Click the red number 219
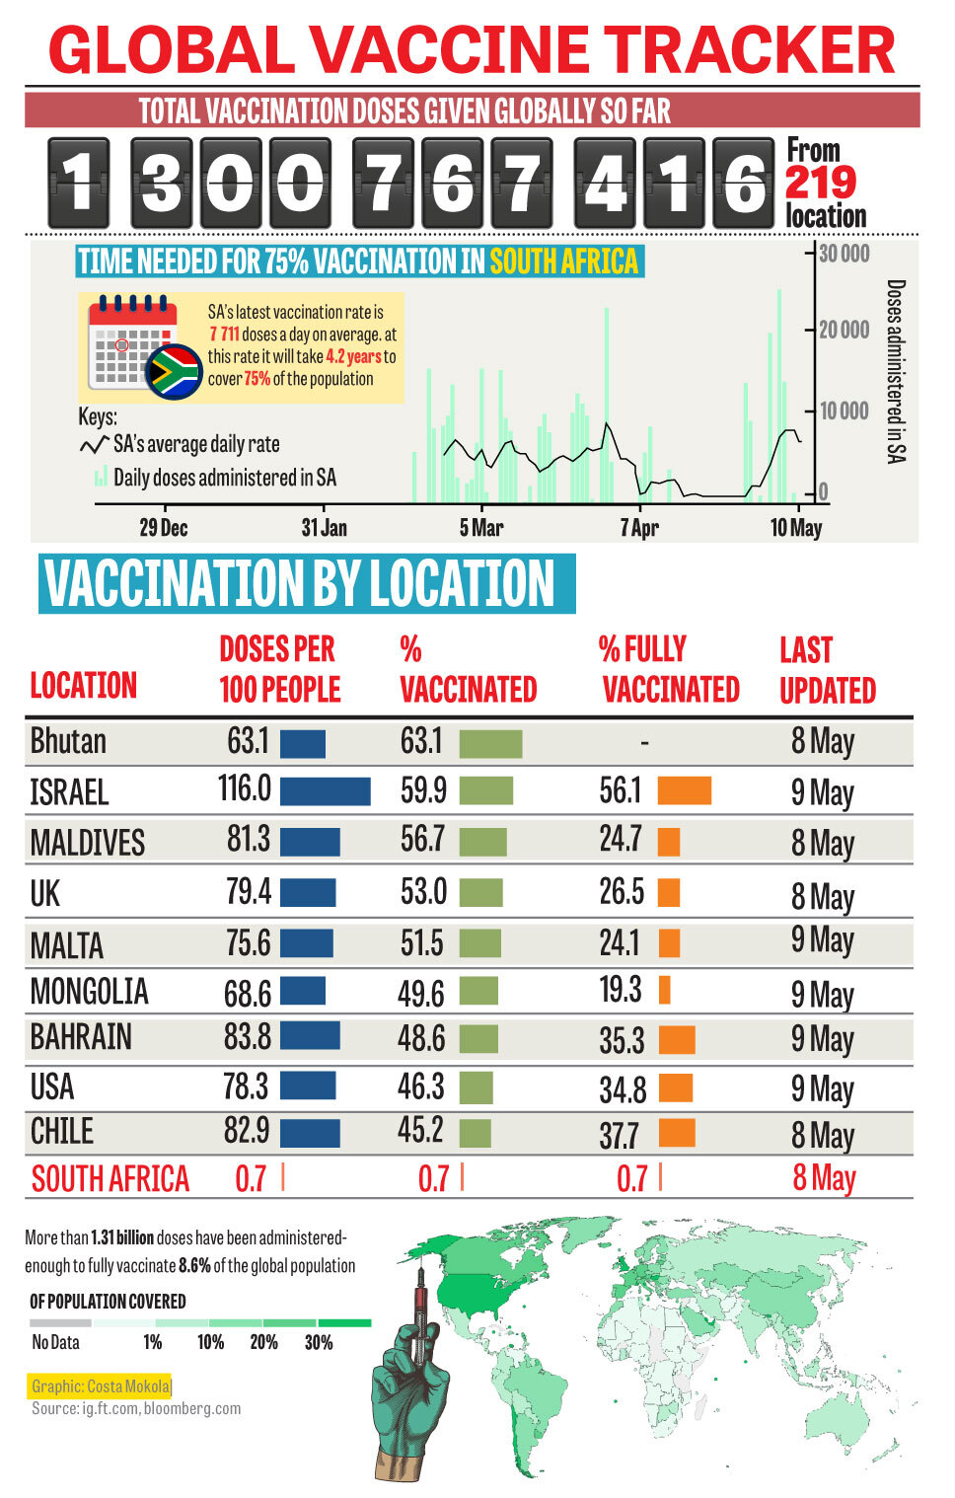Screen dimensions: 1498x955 point(820,183)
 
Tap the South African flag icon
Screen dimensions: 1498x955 point(175,371)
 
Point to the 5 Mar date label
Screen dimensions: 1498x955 point(481,528)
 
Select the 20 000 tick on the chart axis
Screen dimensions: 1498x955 point(844,330)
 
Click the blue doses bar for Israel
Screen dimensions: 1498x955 point(325,790)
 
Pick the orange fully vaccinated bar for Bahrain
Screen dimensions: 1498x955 point(677,1039)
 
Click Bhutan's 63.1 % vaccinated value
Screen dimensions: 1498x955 point(421,741)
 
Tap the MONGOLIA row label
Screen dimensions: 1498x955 point(89,991)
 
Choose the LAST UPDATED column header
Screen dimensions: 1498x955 point(827,670)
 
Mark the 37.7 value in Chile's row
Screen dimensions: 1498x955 point(619,1135)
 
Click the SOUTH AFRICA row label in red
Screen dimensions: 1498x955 point(110,1178)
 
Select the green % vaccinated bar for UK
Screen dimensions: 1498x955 point(480,893)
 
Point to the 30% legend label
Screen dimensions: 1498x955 point(319,1343)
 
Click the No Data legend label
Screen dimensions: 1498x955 point(55,1343)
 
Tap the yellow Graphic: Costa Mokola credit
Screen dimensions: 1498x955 point(101,1386)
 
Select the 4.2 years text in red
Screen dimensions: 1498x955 point(353,357)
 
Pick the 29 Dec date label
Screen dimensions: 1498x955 point(163,528)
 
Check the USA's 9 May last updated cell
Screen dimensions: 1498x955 point(822,1088)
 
